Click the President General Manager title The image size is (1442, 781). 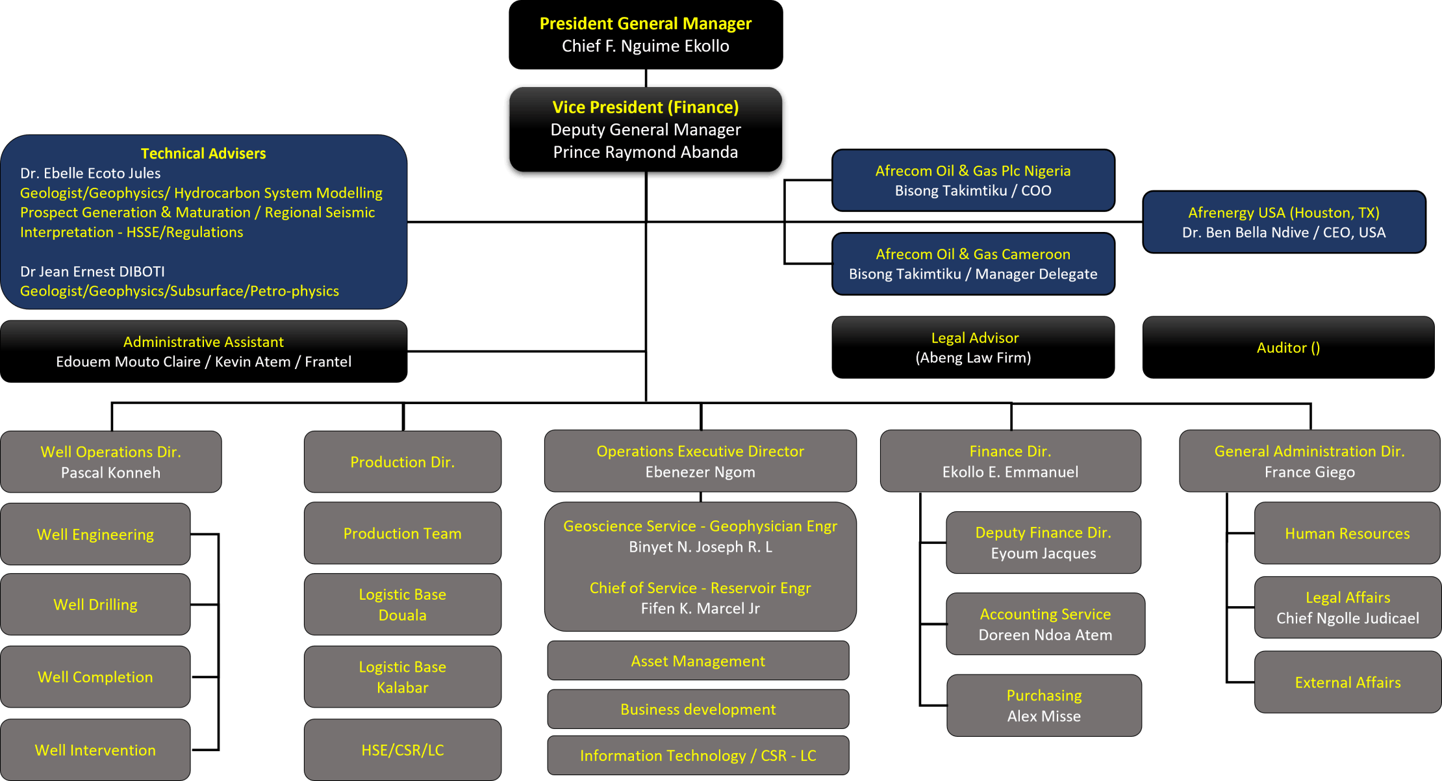point(645,24)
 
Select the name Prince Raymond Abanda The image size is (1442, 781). point(645,152)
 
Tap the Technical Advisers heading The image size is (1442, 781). point(203,153)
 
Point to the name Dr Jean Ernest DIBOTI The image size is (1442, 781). point(92,272)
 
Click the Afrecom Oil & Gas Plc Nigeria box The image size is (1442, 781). point(972,180)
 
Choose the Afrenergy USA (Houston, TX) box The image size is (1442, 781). point(1284,222)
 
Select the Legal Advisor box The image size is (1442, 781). point(973,347)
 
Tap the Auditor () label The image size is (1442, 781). point(1288,348)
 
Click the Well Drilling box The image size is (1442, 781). point(95,604)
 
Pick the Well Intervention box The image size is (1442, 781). point(95,750)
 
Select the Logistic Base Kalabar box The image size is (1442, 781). point(402,676)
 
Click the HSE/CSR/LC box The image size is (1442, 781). point(402,750)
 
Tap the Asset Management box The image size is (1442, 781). point(698,661)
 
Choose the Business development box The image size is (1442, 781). point(698,709)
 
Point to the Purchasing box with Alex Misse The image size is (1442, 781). point(1044,705)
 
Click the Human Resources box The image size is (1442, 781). point(1347,533)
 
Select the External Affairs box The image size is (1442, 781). point(1347,682)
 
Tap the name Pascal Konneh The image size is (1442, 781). point(110,472)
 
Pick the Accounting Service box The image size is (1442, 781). point(1045,624)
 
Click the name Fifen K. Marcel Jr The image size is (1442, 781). point(700,608)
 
